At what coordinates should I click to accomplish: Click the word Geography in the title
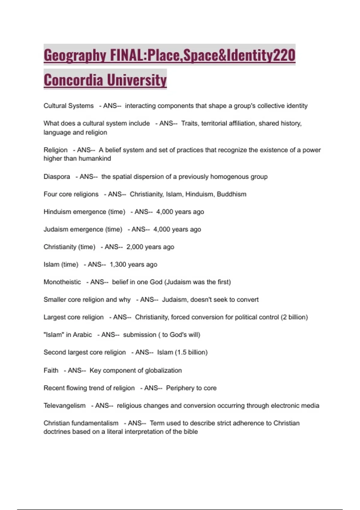click(x=75, y=56)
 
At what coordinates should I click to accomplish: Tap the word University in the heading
click(x=137, y=80)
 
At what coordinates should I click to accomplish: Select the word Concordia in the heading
click(x=73, y=80)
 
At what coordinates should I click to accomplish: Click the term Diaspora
click(x=57, y=177)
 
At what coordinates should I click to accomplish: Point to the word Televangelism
click(x=64, y=406)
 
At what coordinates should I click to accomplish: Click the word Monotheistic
click(x=62, y=282)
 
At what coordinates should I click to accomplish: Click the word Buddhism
click(x=232, y=194)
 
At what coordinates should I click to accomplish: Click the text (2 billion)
click(x=294, y=317)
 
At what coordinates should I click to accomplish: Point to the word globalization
click(x=163, y=370)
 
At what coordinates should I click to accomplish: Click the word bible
click(x=191, y=432)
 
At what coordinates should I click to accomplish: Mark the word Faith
click(x=51, y=370)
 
